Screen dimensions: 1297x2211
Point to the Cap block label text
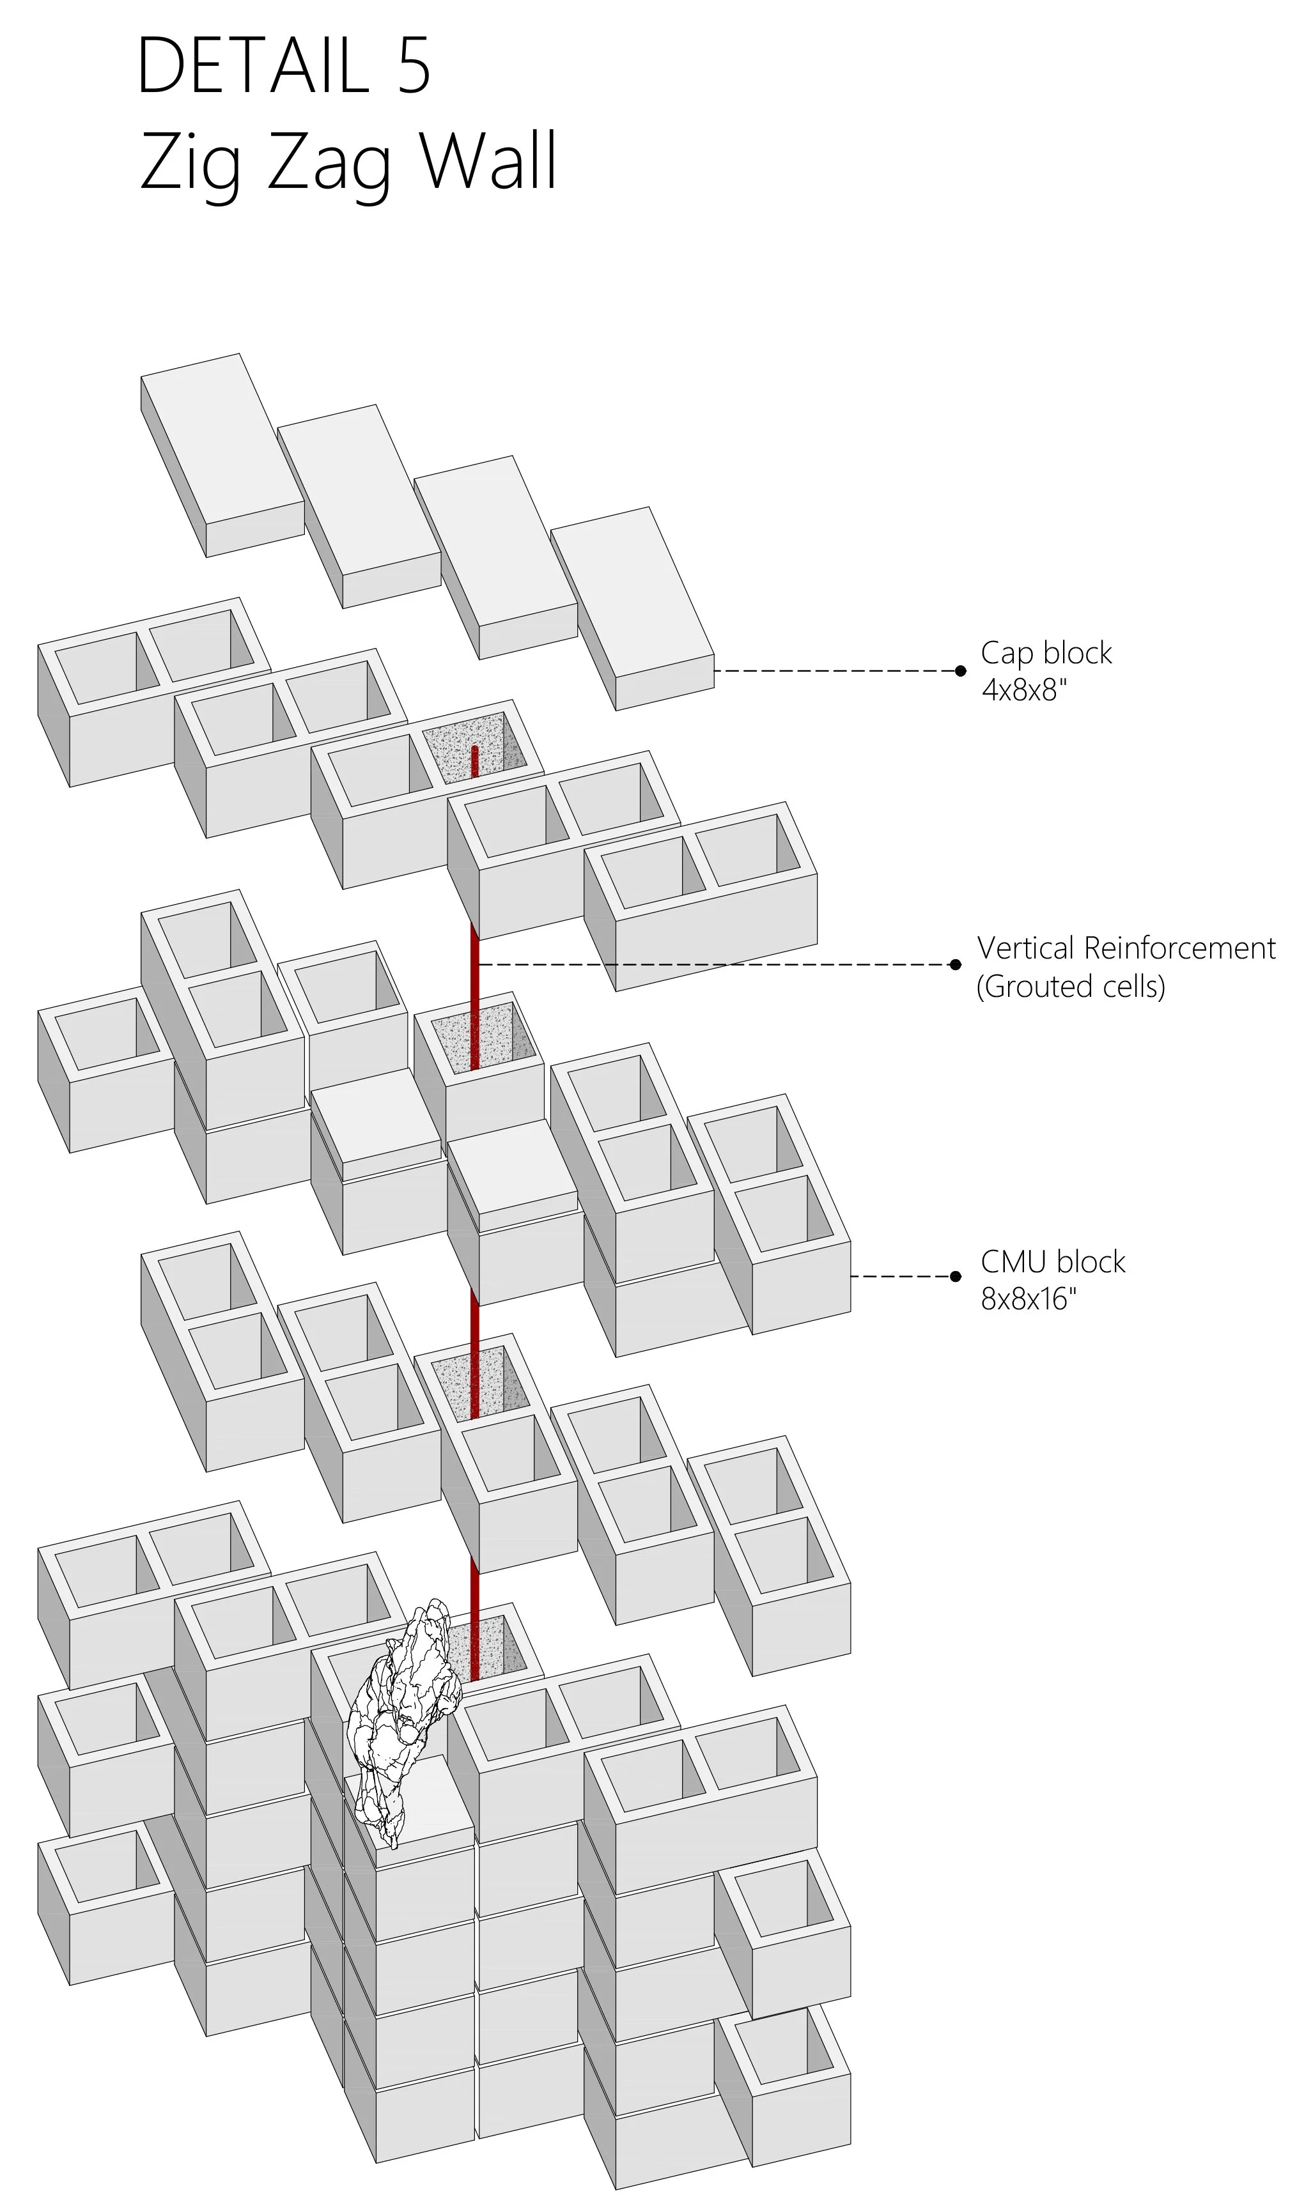[x=1046, y=653]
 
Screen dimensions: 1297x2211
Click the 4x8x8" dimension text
[x=1023, y=691]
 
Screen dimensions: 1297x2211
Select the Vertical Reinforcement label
[x=1126, y=948]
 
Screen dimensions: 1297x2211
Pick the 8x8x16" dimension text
[x=1029, y=1299]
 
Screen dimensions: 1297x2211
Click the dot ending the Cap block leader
[x=960, y=671]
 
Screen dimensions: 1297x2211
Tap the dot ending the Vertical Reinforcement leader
[x=956, y=965]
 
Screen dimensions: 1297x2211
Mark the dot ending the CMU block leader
[x=956, y=1277]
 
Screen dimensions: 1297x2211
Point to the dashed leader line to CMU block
[x=901, y=1277]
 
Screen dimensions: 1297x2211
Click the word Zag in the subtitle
[x=328, y=167]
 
